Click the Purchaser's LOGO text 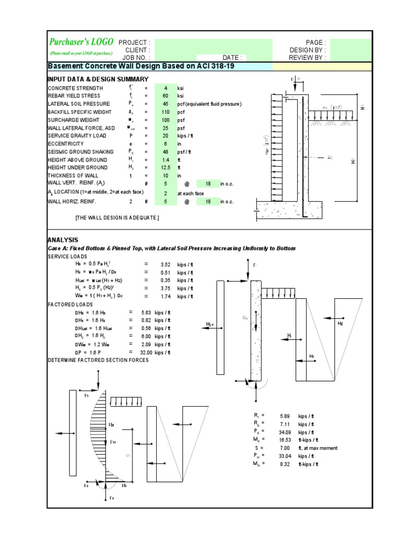click(x=81, y=42)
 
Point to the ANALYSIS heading click(x=63, y=239)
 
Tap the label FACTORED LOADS click(x=70, y=304)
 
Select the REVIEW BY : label click(x=309, y=57)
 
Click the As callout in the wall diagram click(x=329, y=157)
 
